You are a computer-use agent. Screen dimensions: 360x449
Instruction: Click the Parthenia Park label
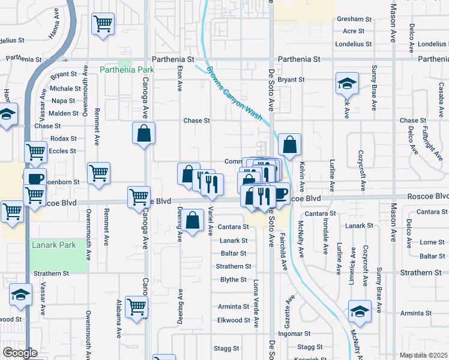point(127,70)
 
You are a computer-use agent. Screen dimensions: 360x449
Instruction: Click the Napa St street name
point(64,101)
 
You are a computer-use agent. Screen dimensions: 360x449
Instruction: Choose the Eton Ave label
point(179,79)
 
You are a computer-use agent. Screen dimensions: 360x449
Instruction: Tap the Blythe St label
point(234,280)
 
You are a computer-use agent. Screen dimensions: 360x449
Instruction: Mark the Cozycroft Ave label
point(361,168)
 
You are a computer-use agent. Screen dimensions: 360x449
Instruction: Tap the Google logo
point(20,353)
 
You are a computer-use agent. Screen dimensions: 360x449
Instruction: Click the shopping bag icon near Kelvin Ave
point(289,145)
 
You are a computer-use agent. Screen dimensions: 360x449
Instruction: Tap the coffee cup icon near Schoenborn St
point(35,178)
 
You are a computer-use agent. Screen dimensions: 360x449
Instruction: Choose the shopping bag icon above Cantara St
point(193,221)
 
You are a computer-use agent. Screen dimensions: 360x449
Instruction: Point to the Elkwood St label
point(233,320)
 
